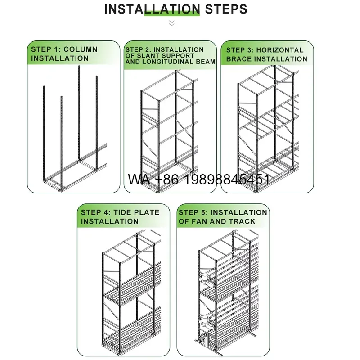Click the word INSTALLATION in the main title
coord(152,9)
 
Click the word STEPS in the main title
coord(226,9)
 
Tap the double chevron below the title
coord(172,23)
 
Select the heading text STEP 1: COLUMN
coord(64,49)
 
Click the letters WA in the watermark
coord(139,179)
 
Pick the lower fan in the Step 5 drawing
coord(206,322)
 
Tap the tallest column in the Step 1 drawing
coord(79,112)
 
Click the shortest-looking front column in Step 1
coord(61,143)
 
